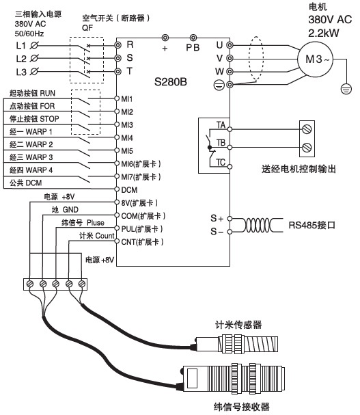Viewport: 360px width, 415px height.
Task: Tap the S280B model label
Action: coord(171,82)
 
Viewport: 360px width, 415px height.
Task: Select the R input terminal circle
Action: coord(117,45)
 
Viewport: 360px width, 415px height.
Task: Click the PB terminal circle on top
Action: coord(193,38)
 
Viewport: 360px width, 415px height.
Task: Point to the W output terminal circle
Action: coord(230,72)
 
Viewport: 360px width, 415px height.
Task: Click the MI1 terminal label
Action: coord(126,99)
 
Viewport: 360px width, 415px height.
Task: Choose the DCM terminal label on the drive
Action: coord(129,190)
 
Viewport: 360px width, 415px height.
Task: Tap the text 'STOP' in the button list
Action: coord(49,119)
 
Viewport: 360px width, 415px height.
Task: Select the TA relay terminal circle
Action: coord(230,129)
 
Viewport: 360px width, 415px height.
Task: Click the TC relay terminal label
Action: coord(221,162)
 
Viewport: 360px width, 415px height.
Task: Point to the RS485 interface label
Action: coord(312,225)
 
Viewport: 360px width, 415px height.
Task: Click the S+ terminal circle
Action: coord(230,219)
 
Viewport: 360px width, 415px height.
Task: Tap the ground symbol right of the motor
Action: coord(346,89)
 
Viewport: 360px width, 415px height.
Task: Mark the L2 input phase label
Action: coord(21,59)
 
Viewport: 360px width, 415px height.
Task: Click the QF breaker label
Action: coord(87,28)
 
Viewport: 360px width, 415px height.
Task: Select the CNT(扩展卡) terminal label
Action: coord(142,242)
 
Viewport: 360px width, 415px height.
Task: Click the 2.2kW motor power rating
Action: coord(324,33)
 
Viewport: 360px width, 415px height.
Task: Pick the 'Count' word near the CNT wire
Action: coord(105,236)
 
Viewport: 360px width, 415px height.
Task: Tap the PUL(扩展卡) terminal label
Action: coord(142,229)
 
